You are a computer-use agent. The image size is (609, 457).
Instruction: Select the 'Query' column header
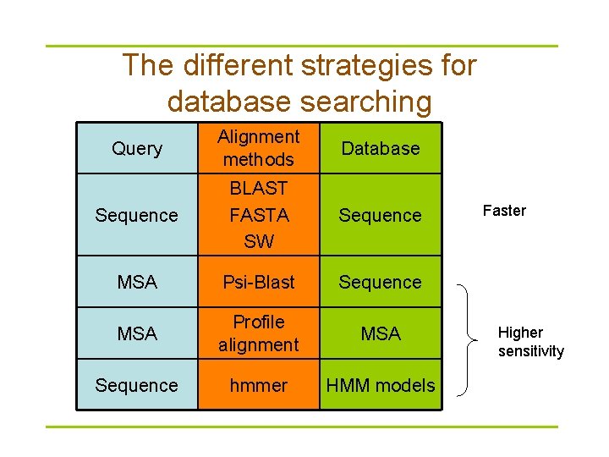pyautogui.click(x=137, y=148)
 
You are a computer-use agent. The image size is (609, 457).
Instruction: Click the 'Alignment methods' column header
pyautogui.click(x=259, y=148)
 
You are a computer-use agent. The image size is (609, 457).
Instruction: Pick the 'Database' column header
pyautogui.click(x=381, y=148)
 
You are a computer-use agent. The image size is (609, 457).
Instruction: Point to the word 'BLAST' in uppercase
pyautogui.click(x=259, y=189)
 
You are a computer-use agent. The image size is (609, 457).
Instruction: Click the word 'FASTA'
pyautogui.click(x=259, y=215)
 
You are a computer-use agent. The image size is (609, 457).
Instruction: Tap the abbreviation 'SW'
pyautogui.click(x=259, y=241)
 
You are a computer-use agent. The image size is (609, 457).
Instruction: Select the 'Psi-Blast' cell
pyautogui.click(x=259, y=282)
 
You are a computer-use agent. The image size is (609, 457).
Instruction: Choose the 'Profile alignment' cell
pyautogui.click(x=259, y=333)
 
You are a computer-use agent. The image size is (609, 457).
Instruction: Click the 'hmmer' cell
pyautogui.click(x=259, y=385)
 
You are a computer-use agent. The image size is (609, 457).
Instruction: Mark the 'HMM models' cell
pyautogui.click(x=381, y=385)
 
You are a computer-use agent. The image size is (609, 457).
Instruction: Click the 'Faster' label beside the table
pyautogui.click(x=504, y=211)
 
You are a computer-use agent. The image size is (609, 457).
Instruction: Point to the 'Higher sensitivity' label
pyautogui.click(x=530, y=342)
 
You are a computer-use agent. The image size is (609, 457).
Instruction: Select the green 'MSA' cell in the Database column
pyautogui.click(x=381, y=333)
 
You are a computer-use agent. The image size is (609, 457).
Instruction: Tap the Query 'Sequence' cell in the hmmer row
pyautogui.click(x=137, y=385)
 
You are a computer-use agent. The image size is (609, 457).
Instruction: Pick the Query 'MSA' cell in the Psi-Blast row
pyautogui.click(x=137, y=282)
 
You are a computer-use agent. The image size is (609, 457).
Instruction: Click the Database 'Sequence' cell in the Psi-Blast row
pyautogui.click(x=381, y=282)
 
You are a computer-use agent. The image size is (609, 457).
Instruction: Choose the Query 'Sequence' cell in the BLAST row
pyautogui.click(x=137, y=215)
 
